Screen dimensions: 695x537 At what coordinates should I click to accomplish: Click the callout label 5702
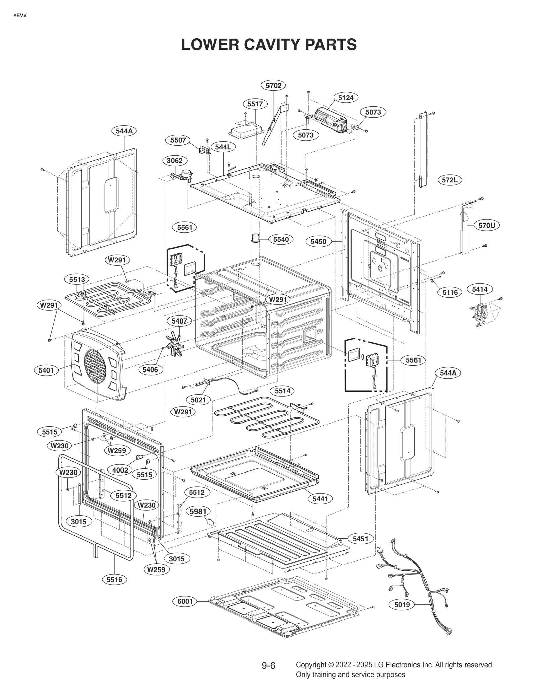point(273,86)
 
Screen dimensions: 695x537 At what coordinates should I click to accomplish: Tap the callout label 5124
point(346,98)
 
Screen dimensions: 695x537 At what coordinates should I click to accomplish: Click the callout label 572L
point(450,180)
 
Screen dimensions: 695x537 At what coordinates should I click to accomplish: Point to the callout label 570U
point(487,226)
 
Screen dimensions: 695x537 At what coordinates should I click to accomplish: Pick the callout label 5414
point(482,289)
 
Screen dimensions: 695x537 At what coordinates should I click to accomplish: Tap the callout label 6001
point(185,601)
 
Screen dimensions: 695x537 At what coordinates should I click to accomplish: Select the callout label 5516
point(114,579)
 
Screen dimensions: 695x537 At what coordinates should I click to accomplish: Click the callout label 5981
point(198,512)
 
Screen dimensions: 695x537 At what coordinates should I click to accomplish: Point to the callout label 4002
point(120,470)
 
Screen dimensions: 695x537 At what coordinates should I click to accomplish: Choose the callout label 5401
point(46,370)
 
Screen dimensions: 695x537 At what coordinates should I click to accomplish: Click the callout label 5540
point(281,239)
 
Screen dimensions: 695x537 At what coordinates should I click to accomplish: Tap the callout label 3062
point(175,161)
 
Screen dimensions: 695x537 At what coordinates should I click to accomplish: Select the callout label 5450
point(318,241)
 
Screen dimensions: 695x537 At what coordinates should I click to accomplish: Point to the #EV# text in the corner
point(20,16)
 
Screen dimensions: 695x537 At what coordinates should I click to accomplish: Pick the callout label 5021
point(198,400)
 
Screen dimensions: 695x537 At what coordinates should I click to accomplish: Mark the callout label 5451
point(360,539)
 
